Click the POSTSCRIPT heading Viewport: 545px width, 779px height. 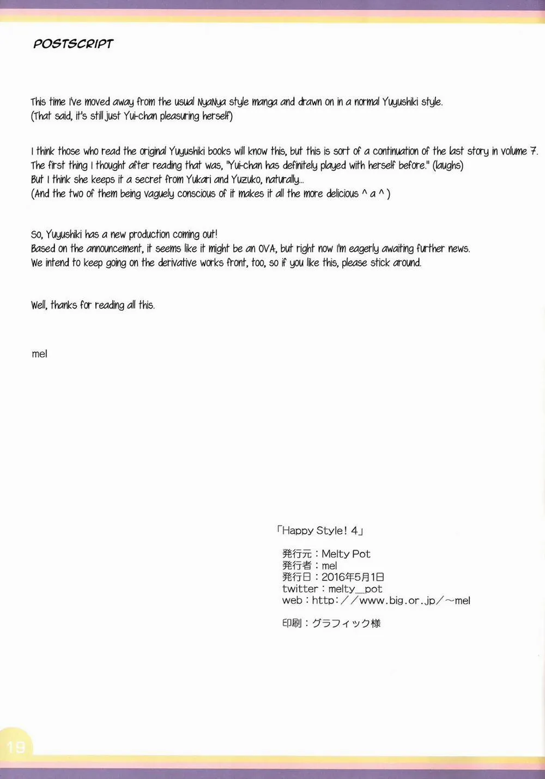click(x=73, y=44)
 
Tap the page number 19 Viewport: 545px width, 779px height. click(x=16, y=746)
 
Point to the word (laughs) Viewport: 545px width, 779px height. click(x=447, y=165)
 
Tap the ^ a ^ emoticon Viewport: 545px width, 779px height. click(x=373, y=194)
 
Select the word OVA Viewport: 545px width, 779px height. click(x=267, y=249)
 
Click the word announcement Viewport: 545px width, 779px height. click(x=114, y=249)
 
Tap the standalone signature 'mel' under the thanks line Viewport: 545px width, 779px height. click(x=39, y=354)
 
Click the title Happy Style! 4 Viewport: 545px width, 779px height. click(x=320, y=530)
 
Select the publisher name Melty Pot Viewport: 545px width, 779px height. click(x=346, y=554)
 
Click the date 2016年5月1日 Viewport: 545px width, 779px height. click(x=353, y=577)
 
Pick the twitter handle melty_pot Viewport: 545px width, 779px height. click(x=355, y=589)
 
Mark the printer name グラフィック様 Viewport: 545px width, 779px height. click(x=346, y=623)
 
